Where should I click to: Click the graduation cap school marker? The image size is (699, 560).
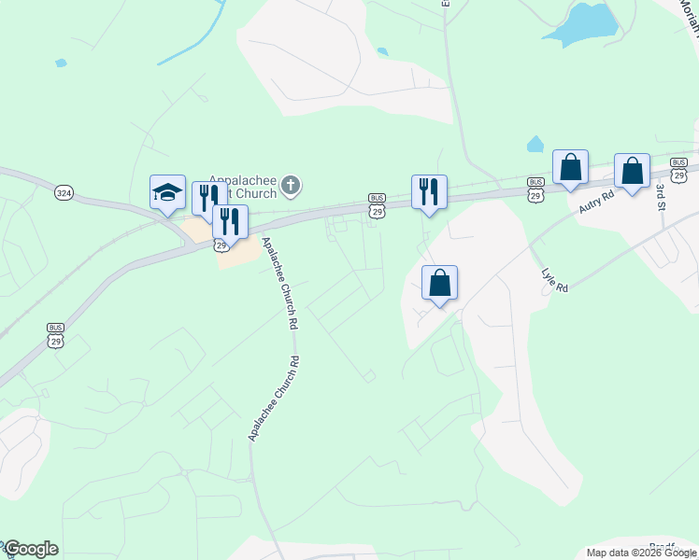(168, 192)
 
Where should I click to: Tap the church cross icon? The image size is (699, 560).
(291, 185)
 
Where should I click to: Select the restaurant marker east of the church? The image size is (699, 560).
(429, 191)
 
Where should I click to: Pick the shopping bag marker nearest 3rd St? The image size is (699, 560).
(633, 171)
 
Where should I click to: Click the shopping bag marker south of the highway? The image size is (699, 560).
(440, 283)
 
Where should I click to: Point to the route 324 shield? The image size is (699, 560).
(64, 191)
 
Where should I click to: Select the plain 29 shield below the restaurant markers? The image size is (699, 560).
(221, 245)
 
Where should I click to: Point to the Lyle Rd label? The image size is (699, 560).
(555, 281)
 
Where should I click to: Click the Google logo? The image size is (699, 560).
(31, 549)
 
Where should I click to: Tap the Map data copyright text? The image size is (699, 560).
(641, 553)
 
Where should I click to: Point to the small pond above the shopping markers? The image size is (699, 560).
(535, 145)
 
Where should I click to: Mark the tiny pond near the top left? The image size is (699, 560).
(61, 63)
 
